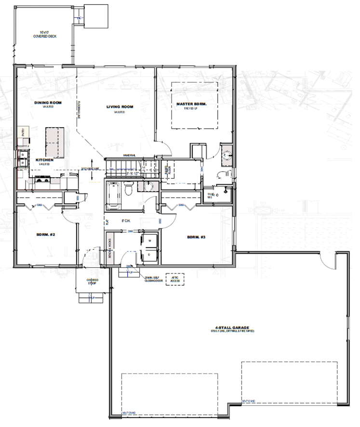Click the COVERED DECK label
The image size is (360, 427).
click(42, 34)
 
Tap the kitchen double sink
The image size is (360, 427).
click(22, 158)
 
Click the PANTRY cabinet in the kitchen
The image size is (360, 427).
click(22, 132)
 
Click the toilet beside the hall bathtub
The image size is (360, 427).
click(129, 190)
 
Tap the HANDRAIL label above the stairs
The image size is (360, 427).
click(130, 155)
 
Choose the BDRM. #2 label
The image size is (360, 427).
click(46, 235)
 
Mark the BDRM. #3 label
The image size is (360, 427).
click(196, 237)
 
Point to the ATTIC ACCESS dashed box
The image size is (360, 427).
click(172, 280)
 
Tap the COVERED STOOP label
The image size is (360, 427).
click(93, 282)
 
